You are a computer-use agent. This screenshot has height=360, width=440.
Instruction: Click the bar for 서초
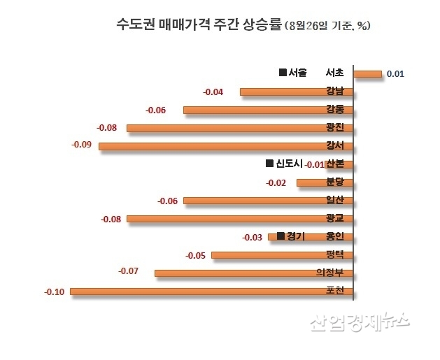(x=368, y=73)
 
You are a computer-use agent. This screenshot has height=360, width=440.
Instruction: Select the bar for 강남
(x=297, y=92)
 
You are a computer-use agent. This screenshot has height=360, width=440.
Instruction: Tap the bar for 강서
(x=226, y=146)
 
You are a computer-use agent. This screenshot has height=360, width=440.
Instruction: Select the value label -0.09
(x=83, y=145)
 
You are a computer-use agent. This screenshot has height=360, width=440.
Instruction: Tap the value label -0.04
(x=213, y=92)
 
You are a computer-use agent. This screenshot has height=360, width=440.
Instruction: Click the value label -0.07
(x=129, y=270)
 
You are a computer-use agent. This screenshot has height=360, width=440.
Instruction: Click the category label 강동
(x=334, y=110)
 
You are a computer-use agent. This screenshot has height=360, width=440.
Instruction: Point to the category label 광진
(x=334, y=128)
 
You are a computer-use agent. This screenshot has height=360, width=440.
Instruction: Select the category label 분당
(x=335, y=182)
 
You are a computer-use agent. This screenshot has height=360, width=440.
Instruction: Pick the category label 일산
(x=335, y=201)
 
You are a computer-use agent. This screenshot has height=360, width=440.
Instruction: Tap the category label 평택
(x=335, y=254)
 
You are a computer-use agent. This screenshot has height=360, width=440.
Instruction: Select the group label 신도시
(x=283, y=164)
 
